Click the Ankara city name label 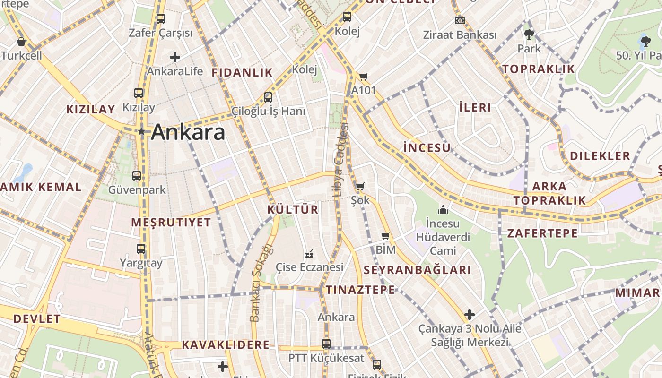pyautogui.click(x=188, y=132)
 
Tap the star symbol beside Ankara pyautogui.click(x=141, y=131)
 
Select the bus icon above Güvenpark pyautogui.click(x=137, y=176)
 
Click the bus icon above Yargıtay pyautogui.click(x=141, y=249)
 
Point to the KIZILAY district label pyautogui.click(x=90, y=110)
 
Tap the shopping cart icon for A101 pyautogui.click(x=363, y=77)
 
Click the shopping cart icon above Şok pyautogui.click(x=360, y=186)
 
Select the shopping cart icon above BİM pyautogui.click(x=385, y=236)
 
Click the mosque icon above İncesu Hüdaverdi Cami pyautogui.click(x=443, y=209)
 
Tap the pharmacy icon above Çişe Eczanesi pyautogui.click(x=310, y=254)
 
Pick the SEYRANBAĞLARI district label pyautogui.click(x=418, y=270)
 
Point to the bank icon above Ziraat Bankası pyautogui.click(x=460, y=21)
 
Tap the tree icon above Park pyautogui.click(x=529, y=34)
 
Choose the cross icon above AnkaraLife pyautogui.click(x=175, y=58)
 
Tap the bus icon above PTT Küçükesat pyautogui.click(x=326, y=344)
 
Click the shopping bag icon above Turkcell pyautogui.click(x=21, y=42)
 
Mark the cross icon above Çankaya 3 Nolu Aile pyautogui.click(x=469, y=315)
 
